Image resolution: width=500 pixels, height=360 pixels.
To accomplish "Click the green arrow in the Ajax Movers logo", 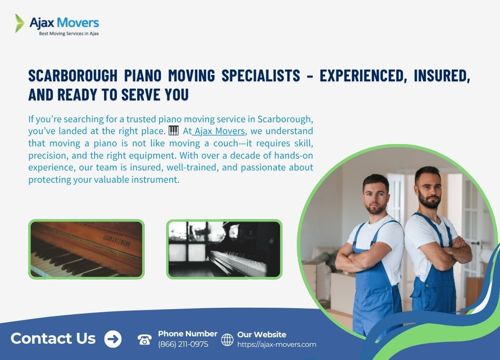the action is coord(20,23).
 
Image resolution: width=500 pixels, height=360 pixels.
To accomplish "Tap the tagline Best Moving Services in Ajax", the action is coord(69,34).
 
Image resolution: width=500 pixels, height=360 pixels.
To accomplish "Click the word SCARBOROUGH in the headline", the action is coord(73,75).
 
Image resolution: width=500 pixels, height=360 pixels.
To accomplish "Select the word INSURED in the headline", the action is coord(442,76).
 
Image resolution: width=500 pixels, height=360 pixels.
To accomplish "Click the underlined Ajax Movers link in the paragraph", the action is coord(220,131).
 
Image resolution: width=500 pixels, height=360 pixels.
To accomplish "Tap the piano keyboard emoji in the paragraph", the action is coord(174,130).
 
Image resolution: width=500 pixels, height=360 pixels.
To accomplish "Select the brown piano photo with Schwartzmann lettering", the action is coord(86,249).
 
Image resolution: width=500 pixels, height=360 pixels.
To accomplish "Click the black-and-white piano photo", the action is coord(224,249).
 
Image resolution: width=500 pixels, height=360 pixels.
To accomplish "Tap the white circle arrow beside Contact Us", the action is coord(113,339).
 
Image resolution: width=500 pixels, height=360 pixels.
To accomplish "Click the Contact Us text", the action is coord(53,338).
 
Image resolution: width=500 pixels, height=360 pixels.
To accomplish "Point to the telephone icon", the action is coord(145,339).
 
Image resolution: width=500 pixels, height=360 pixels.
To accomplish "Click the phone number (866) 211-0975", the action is coord(183,345).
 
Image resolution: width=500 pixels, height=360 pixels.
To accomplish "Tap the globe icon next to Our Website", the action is coord(227,340).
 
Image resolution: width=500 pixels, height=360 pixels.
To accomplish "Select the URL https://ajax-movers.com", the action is coord(277,345).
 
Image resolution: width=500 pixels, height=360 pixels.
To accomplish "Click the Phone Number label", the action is coord(187,334).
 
